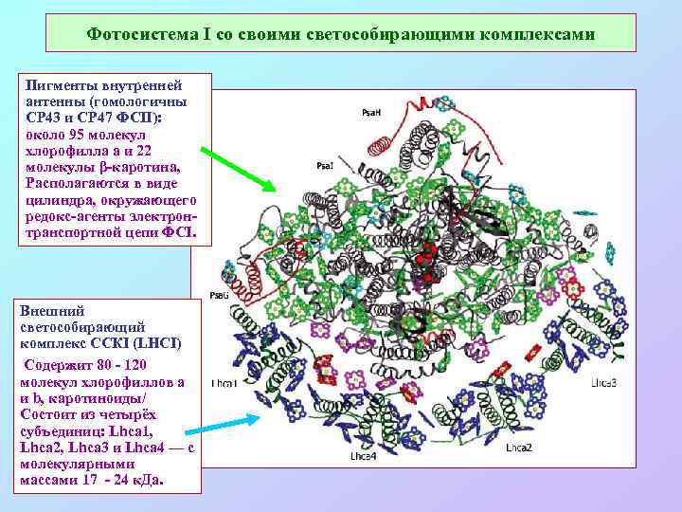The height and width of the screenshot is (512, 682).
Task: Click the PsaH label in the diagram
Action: click(x=372, y=113)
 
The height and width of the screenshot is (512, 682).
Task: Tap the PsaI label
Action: click(x=325, y=166)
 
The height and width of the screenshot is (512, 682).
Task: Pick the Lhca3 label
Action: click(x=606, y=383)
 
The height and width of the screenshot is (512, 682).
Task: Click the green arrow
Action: click(x=238, y=167)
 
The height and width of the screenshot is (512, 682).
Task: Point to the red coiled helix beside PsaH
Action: click(x=381, y=145)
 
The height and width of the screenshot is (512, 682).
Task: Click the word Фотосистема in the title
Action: click(x=138, y=34)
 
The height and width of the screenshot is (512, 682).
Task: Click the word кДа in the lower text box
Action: click(x=148, y=481)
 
